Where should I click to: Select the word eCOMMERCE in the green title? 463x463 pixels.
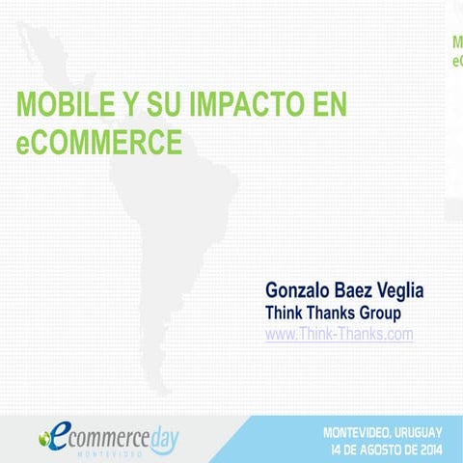point(99,143)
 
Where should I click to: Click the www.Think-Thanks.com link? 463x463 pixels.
point(339,334)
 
